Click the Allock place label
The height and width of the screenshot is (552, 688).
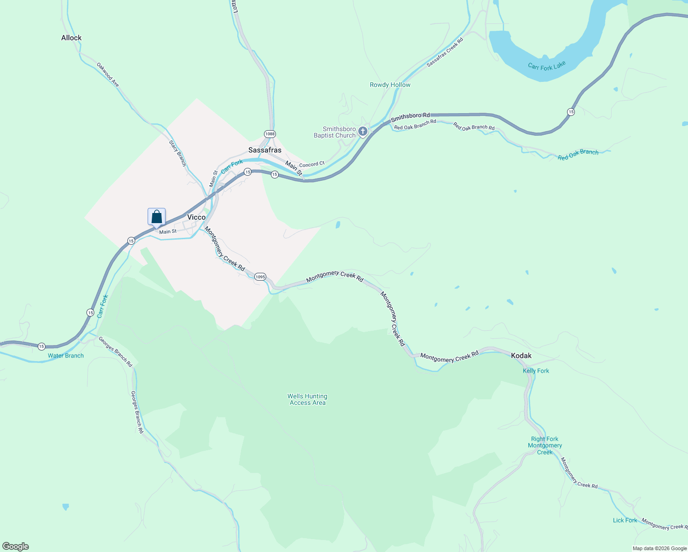pos(71,38)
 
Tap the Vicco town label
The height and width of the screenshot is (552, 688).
pos(196,217)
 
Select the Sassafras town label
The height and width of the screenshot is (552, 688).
pos(264,150)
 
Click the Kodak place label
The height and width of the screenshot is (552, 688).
pos(521,356)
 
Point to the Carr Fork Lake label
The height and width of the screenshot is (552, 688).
pos(546,66)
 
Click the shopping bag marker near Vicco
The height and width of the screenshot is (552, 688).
pos(156,217)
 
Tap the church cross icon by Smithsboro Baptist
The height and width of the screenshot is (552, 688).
pos(363,132)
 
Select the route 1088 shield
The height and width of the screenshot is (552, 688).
pos(269,134)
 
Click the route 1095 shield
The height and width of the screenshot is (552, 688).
pos(260,276)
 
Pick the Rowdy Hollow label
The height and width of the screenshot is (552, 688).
pos(390,85)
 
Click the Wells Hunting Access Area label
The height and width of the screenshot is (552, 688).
pos(307,399)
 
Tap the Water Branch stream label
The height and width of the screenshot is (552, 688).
pos(66,356)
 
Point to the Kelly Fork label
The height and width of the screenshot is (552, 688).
pos(536,371)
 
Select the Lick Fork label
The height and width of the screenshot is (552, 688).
pos(625,520)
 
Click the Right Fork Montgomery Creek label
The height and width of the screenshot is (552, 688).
pos(545,445)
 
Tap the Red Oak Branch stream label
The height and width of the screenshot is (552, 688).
pos(578,155)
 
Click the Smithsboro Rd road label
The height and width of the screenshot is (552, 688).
pos(410,118)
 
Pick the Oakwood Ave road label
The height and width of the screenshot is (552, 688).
pos(108,75)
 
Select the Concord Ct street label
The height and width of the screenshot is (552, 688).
pos(312,164)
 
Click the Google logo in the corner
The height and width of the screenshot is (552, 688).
pos(16,546)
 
